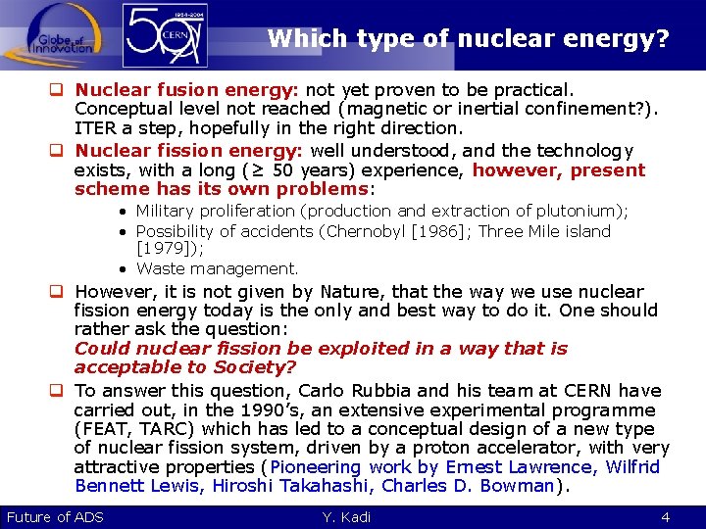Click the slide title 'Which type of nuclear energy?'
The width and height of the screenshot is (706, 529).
469,39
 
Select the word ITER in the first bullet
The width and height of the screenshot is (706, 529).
96,128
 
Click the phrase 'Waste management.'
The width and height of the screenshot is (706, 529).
217,268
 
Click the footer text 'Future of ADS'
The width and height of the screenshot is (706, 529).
55,517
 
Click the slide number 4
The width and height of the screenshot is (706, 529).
666,517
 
